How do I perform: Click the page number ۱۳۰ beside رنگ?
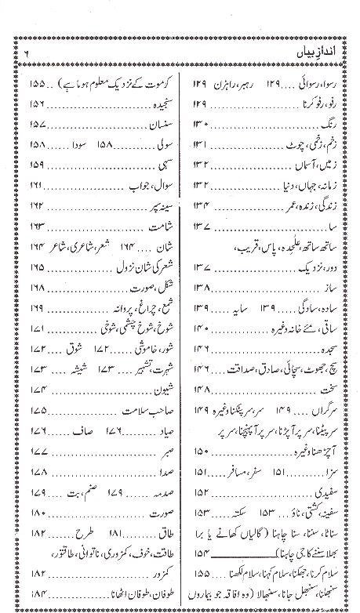198,124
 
